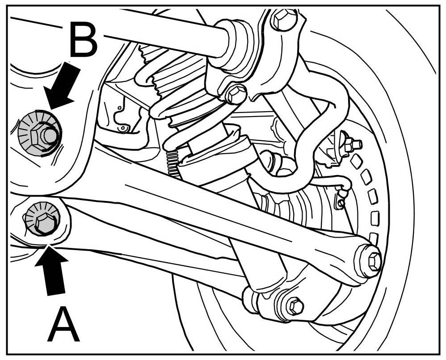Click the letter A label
click(64, 326)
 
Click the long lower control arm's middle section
click(223, 210)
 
